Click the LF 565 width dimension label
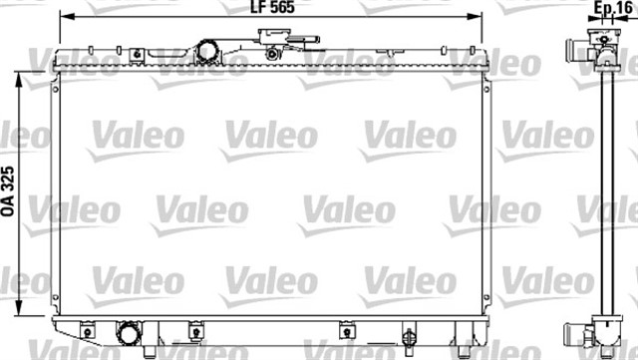point(272,7)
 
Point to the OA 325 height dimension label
point(8,191)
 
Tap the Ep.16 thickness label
point(613,7)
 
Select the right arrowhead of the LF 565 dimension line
point(475,17)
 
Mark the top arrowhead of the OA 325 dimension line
point(19,80)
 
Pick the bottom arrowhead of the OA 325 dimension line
point(19,308)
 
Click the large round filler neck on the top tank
point(208,52)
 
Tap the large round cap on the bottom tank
point(129,334)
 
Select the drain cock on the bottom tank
point(409,337)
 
